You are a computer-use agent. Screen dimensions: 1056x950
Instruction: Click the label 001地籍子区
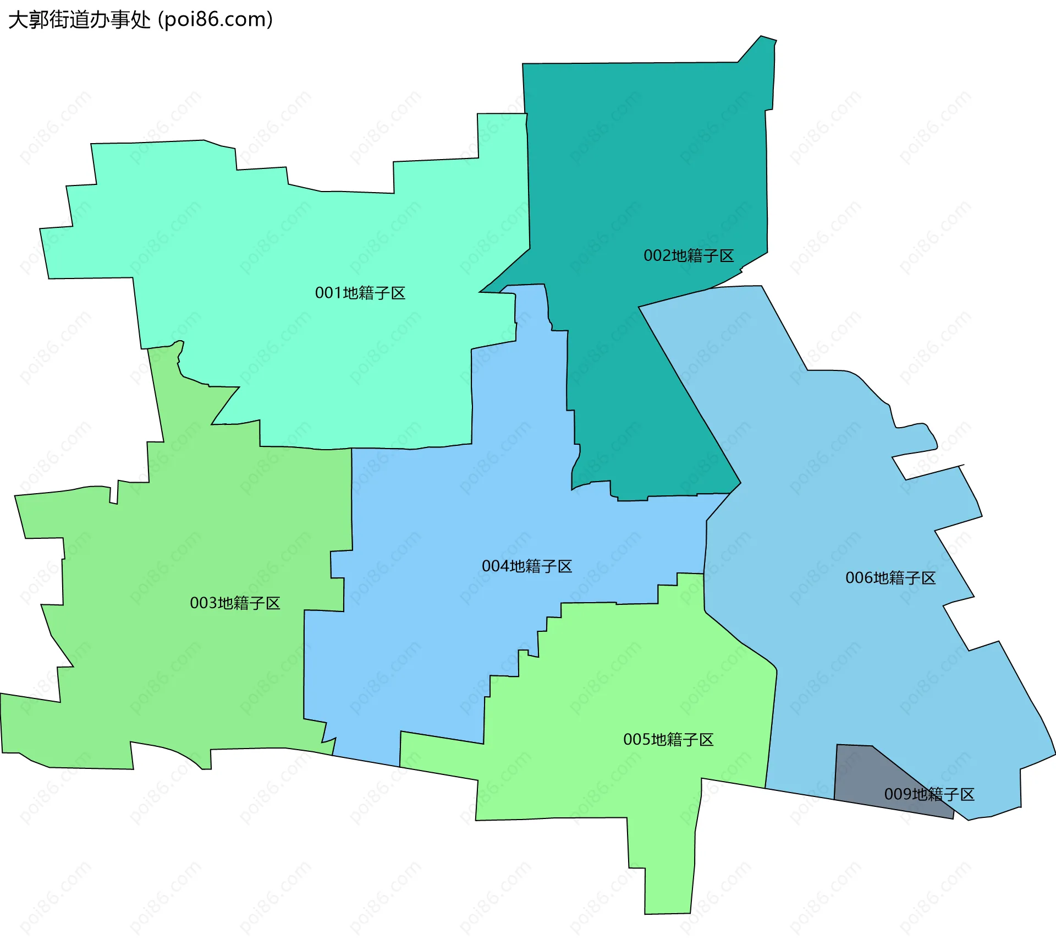pos(360,293)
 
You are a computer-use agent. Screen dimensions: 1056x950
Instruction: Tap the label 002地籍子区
pos(689,255)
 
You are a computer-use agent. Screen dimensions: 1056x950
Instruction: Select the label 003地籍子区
pos(235,603)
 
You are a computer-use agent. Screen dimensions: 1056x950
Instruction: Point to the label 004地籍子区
pos(527,566)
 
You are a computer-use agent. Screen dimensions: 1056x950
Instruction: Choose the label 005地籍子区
pos(668,739)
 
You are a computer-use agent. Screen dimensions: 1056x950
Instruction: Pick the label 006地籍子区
pos(890,578)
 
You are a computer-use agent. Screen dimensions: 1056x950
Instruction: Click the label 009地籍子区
pos(929,794)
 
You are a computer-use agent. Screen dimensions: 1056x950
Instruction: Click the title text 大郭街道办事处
pos(79,20)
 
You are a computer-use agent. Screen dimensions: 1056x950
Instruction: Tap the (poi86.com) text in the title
pos(216,20)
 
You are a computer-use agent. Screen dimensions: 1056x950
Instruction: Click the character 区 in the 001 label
pos(398,293)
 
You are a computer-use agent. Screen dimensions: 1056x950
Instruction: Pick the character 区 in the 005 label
pos(706,739)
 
